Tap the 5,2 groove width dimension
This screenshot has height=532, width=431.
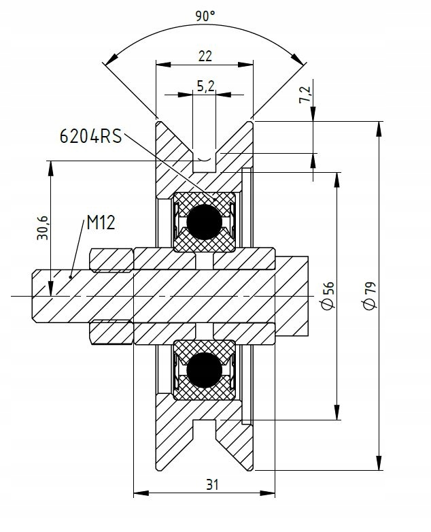coord(205,86)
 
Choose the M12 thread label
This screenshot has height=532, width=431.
coord(100,222)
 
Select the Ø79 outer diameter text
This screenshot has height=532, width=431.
coord(369,295)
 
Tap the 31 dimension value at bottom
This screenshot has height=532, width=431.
coord(211,484)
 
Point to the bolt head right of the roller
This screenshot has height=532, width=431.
coord(292,295)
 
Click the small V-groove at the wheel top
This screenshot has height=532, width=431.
coord(205,160)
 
